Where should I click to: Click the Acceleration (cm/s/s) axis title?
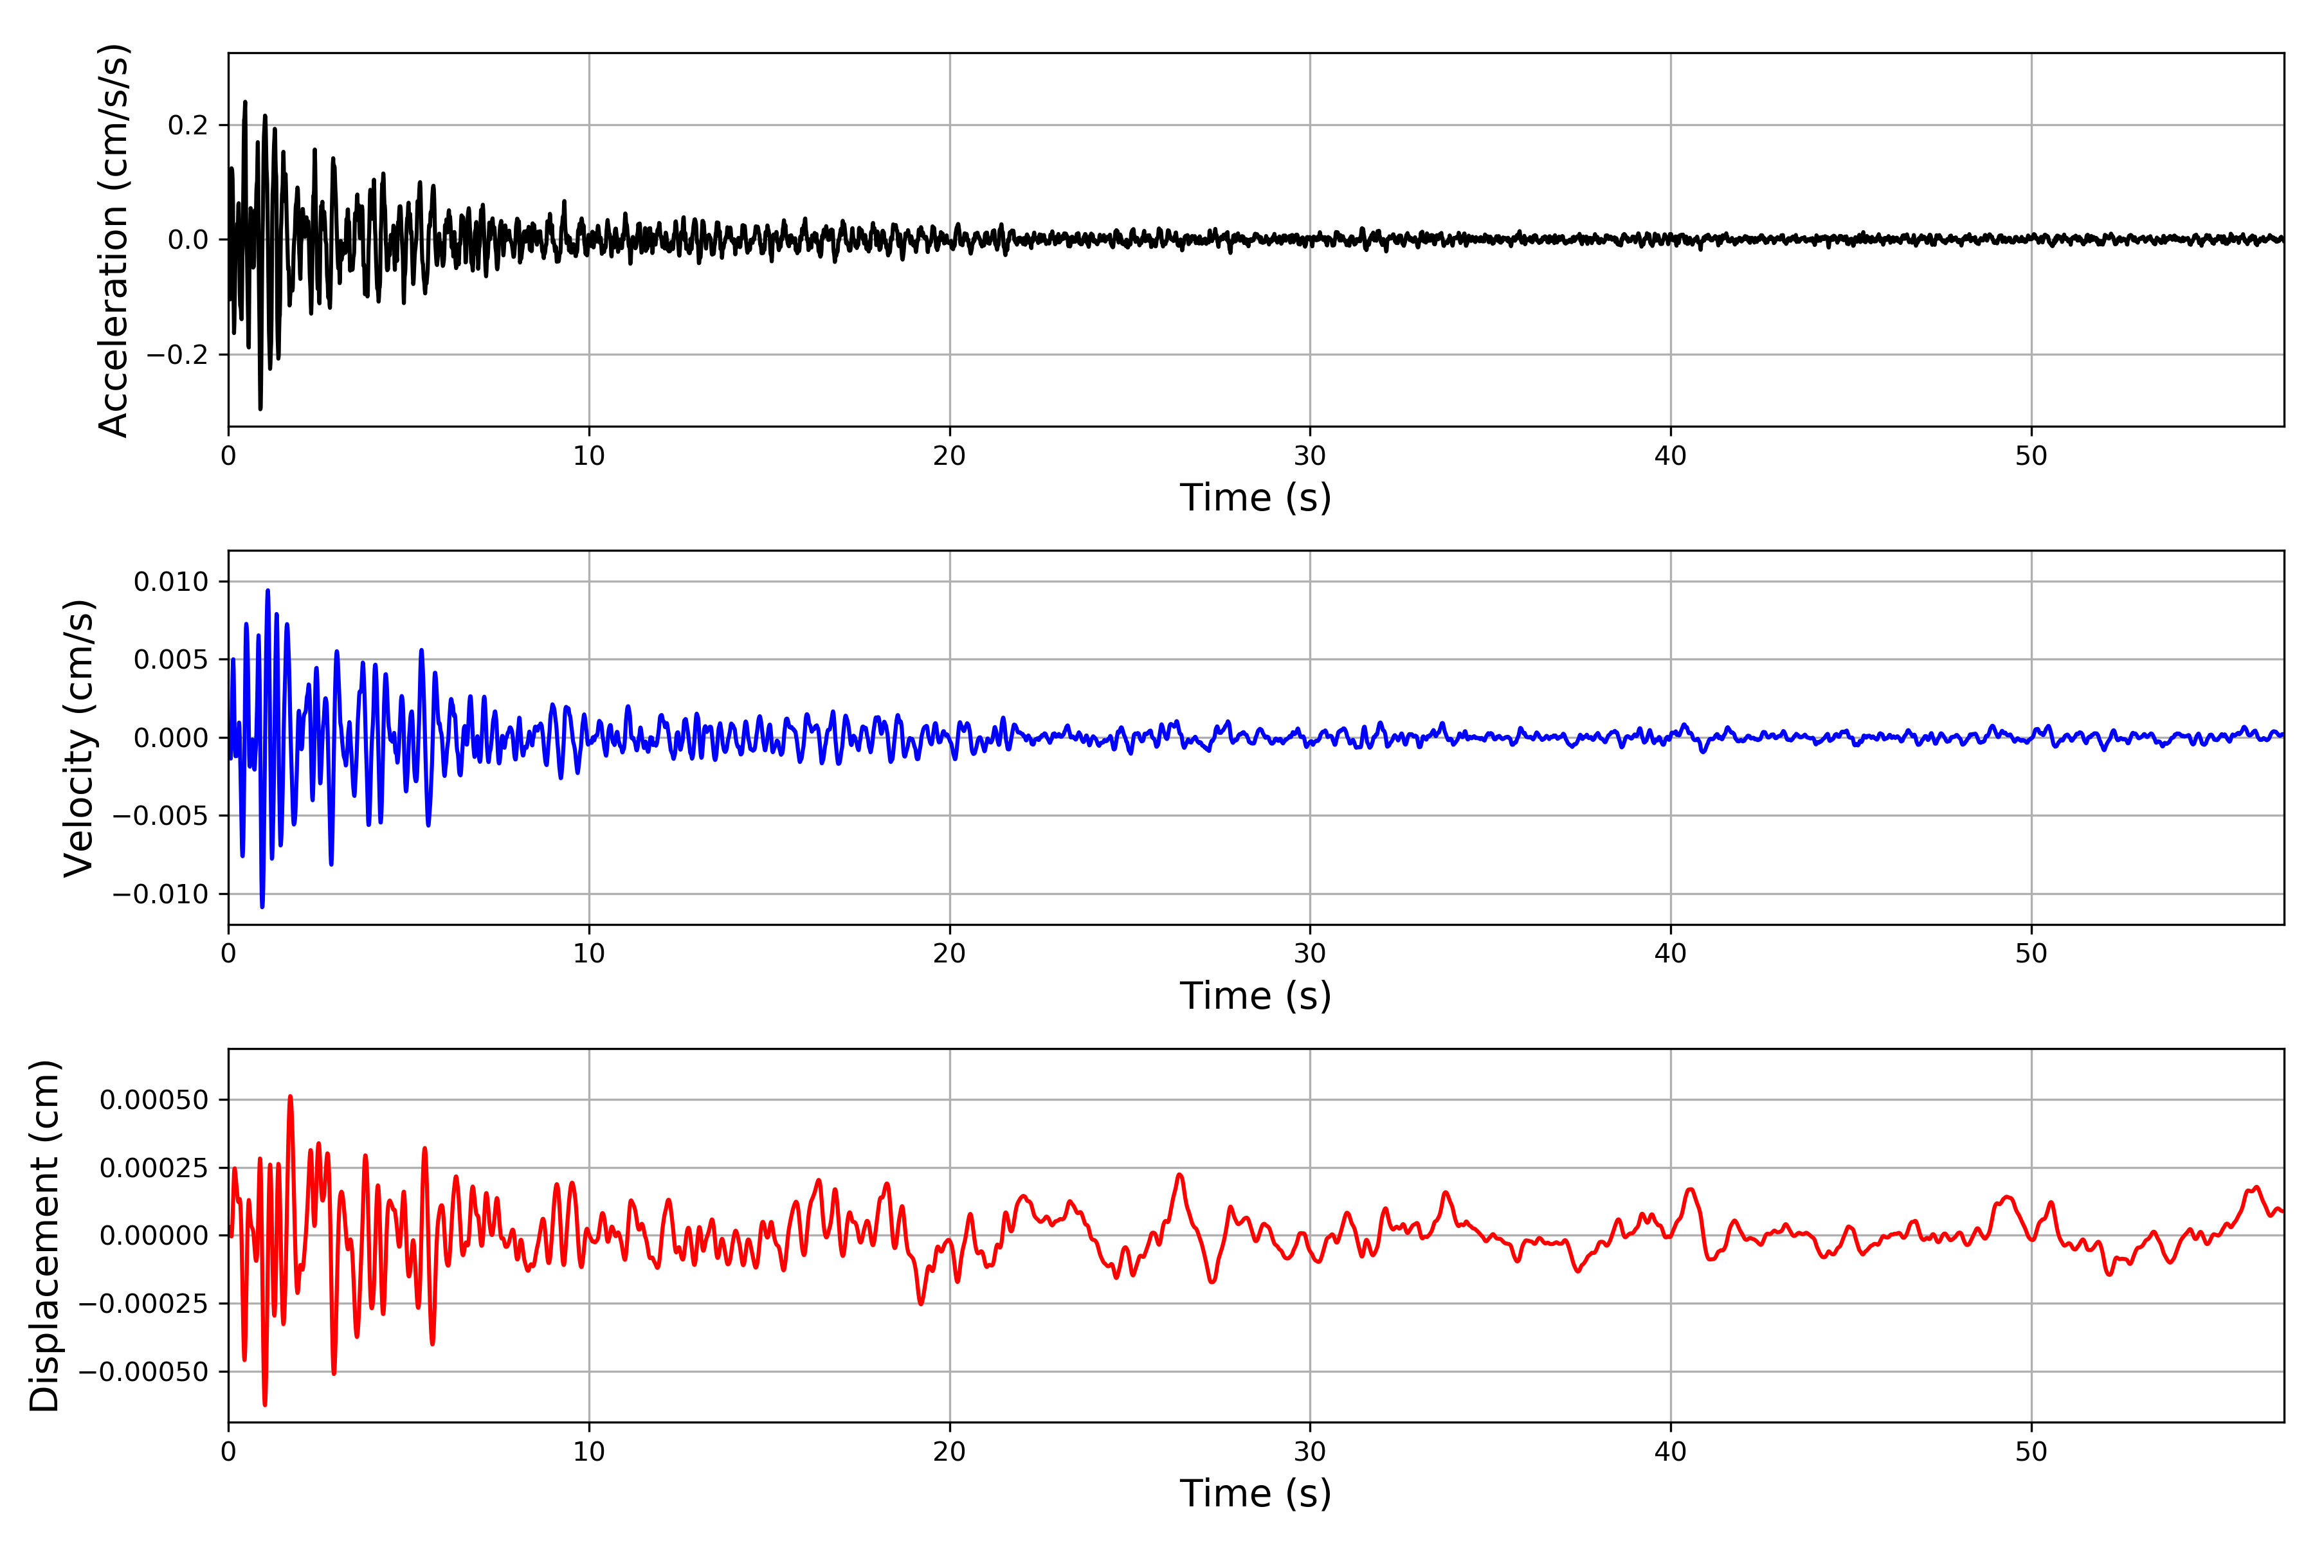pyautogui.click(x=113, y=240)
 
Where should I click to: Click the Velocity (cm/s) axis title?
pyautogui.click(x=78, y=738)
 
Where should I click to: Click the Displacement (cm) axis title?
pyautogui.click(x=44, y=1236)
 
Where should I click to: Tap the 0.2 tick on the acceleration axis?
pyautogui.click(x=188, y=125)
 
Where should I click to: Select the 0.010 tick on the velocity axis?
pyautogui.click(x=171, y=582)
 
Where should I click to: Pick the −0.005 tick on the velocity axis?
pyautogui.click(x=160, y=816)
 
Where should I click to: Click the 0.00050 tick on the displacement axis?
pyautogui.click(x=154, y=1100)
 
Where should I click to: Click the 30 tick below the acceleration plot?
pyautogui.click(x=1310, y=456)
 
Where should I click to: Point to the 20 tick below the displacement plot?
pyautogui.click(x=950, y=1452)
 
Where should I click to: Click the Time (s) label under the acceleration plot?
pyautogui.click(x=1255, y=498)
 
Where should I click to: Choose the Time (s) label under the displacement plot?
pyautogui.click(x=1255, y=1493)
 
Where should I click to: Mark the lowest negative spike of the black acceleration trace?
pyautogui.click(x=260, y=408)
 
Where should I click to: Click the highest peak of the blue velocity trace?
pyautogui.click(x=268, y=590)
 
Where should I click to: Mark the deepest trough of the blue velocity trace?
pyautogui.click(x=262, y=907)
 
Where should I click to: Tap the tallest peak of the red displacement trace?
pyautogui.click(x=291, y=1096)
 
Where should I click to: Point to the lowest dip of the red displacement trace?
pyautogui.click(x=265, y=1404)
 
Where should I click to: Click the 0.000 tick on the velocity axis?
pyautogui.click(x=171, y=738)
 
